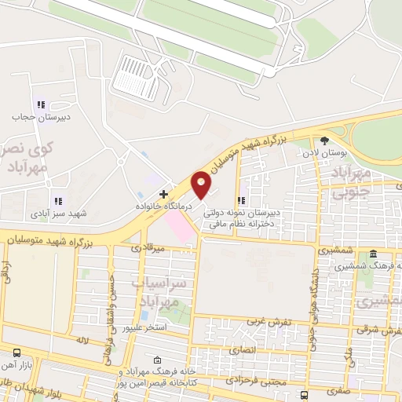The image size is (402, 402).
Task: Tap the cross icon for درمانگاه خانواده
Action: point(163,193)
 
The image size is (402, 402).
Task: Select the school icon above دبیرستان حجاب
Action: point(41,104)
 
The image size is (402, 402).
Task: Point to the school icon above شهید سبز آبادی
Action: point(57,201)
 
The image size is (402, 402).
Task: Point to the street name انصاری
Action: point(245,349)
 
